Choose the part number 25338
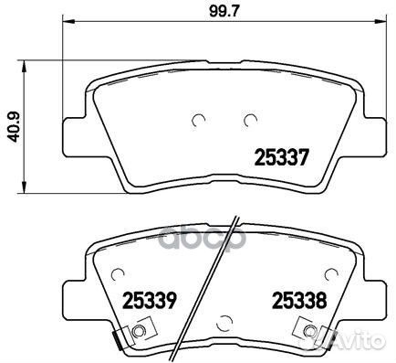(294, 298)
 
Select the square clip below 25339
(138, 332)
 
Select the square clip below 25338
(305, 332)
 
